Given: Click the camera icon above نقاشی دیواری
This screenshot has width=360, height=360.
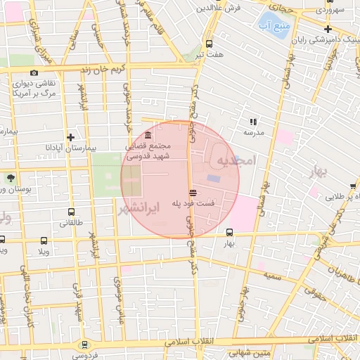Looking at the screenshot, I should coord(34,72).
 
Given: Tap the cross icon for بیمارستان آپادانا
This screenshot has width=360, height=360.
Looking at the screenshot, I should coord(70,137).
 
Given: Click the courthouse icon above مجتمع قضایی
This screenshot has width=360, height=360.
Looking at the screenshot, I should coord(148,136).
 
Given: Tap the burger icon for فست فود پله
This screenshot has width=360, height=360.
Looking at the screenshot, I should coord(193,192).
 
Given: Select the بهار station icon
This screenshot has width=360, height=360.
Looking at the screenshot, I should coord(229,232).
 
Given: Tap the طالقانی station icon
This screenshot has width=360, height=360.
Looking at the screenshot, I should coord(70,212).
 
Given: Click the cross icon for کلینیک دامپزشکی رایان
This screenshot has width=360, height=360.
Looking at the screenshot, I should coord(328,30).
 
